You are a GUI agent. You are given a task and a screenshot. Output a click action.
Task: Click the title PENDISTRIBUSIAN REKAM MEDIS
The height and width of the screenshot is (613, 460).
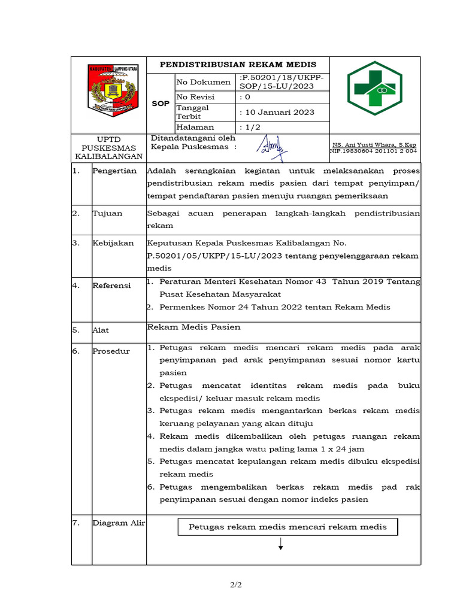(x=236, y=65)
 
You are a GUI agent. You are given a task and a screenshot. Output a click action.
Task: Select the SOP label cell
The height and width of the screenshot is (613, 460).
(x=161, y=104)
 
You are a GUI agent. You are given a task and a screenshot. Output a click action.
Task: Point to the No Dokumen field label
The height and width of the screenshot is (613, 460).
(x=203, y=82)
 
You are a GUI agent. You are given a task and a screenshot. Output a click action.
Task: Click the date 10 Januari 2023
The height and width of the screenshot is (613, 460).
(x=277, y=112)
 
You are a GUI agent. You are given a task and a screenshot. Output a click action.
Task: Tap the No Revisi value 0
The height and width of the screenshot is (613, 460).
(x=245, y=97)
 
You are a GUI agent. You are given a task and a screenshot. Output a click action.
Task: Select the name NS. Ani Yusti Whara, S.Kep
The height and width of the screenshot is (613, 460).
(x=374, y=145)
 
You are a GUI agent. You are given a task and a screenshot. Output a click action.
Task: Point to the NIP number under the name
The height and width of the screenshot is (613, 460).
(x=374, y=151)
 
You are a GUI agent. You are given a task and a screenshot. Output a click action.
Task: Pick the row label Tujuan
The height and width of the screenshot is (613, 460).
(x=107, y=213)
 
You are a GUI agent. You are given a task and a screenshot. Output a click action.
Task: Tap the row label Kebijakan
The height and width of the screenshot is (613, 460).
(x=113, y=243)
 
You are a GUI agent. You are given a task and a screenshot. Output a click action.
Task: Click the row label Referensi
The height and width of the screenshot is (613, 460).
(x=111, y=286)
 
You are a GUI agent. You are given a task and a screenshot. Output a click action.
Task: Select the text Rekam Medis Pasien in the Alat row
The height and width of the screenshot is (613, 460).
(x=194, y=327)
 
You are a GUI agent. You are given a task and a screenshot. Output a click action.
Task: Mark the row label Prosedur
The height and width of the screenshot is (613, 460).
(x=111, y=351)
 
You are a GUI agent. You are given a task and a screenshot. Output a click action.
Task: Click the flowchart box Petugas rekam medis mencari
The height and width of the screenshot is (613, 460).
(x=287, y=527)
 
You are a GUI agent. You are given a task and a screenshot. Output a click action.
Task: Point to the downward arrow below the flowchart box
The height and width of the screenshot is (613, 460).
(x=280, y=544)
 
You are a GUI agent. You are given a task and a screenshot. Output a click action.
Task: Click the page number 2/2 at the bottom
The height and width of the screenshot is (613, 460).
(x=235, y=585)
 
